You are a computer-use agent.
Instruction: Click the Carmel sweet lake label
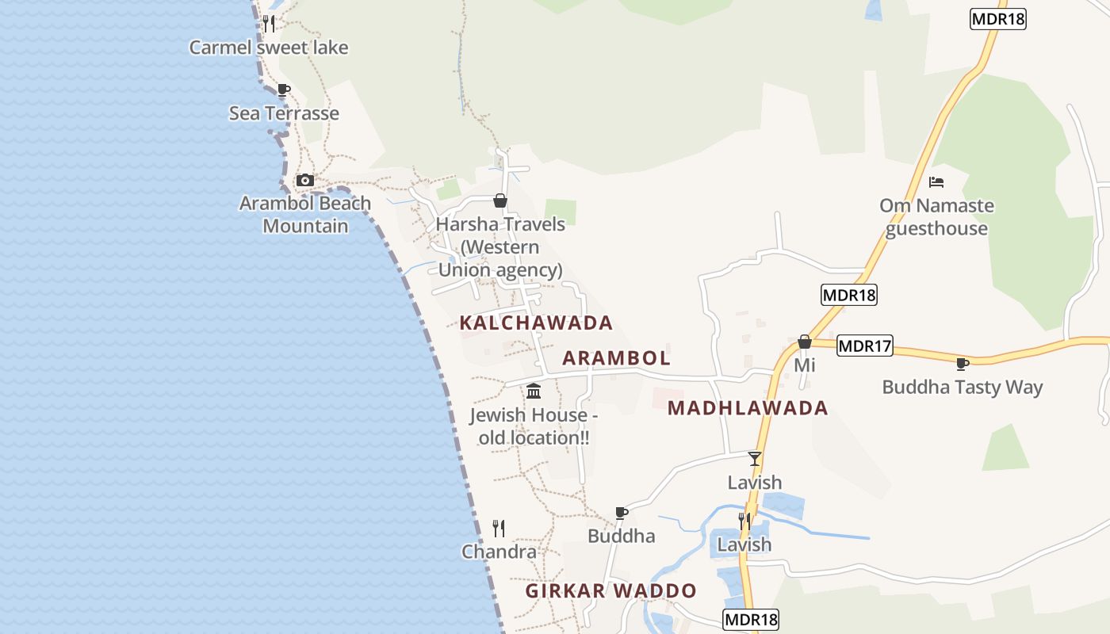pos(268,48)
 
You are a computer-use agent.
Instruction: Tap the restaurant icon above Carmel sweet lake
pos(269,23)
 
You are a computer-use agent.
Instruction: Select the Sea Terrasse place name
pos(284,113)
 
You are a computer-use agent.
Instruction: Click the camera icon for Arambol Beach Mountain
pos(304,181)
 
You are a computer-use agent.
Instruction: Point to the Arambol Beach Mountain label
pos(305,215)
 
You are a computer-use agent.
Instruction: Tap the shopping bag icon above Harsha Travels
pos(500,201)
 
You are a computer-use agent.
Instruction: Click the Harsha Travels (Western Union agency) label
pos(500,247)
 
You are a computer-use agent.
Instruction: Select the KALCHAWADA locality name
pos(536,323)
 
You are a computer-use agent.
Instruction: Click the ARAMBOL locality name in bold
pos(616,358)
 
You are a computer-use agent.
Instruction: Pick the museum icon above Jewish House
pos(534,391)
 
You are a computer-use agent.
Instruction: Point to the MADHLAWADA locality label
pos(748,408)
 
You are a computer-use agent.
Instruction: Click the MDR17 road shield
pos(865,346)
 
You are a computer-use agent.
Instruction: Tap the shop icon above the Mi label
pos(804,342)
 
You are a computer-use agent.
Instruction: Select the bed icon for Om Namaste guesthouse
pos(936,181)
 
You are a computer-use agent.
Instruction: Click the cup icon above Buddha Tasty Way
pos(963,364)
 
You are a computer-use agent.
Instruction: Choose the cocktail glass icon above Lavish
pos(755,458)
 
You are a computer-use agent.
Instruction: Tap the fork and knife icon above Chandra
pos(499,528)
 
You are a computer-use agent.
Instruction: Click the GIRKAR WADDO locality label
pos(610,591)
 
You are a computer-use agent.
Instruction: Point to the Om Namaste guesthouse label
pos(936,217)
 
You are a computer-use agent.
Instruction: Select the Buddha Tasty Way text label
pos(963,388)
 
